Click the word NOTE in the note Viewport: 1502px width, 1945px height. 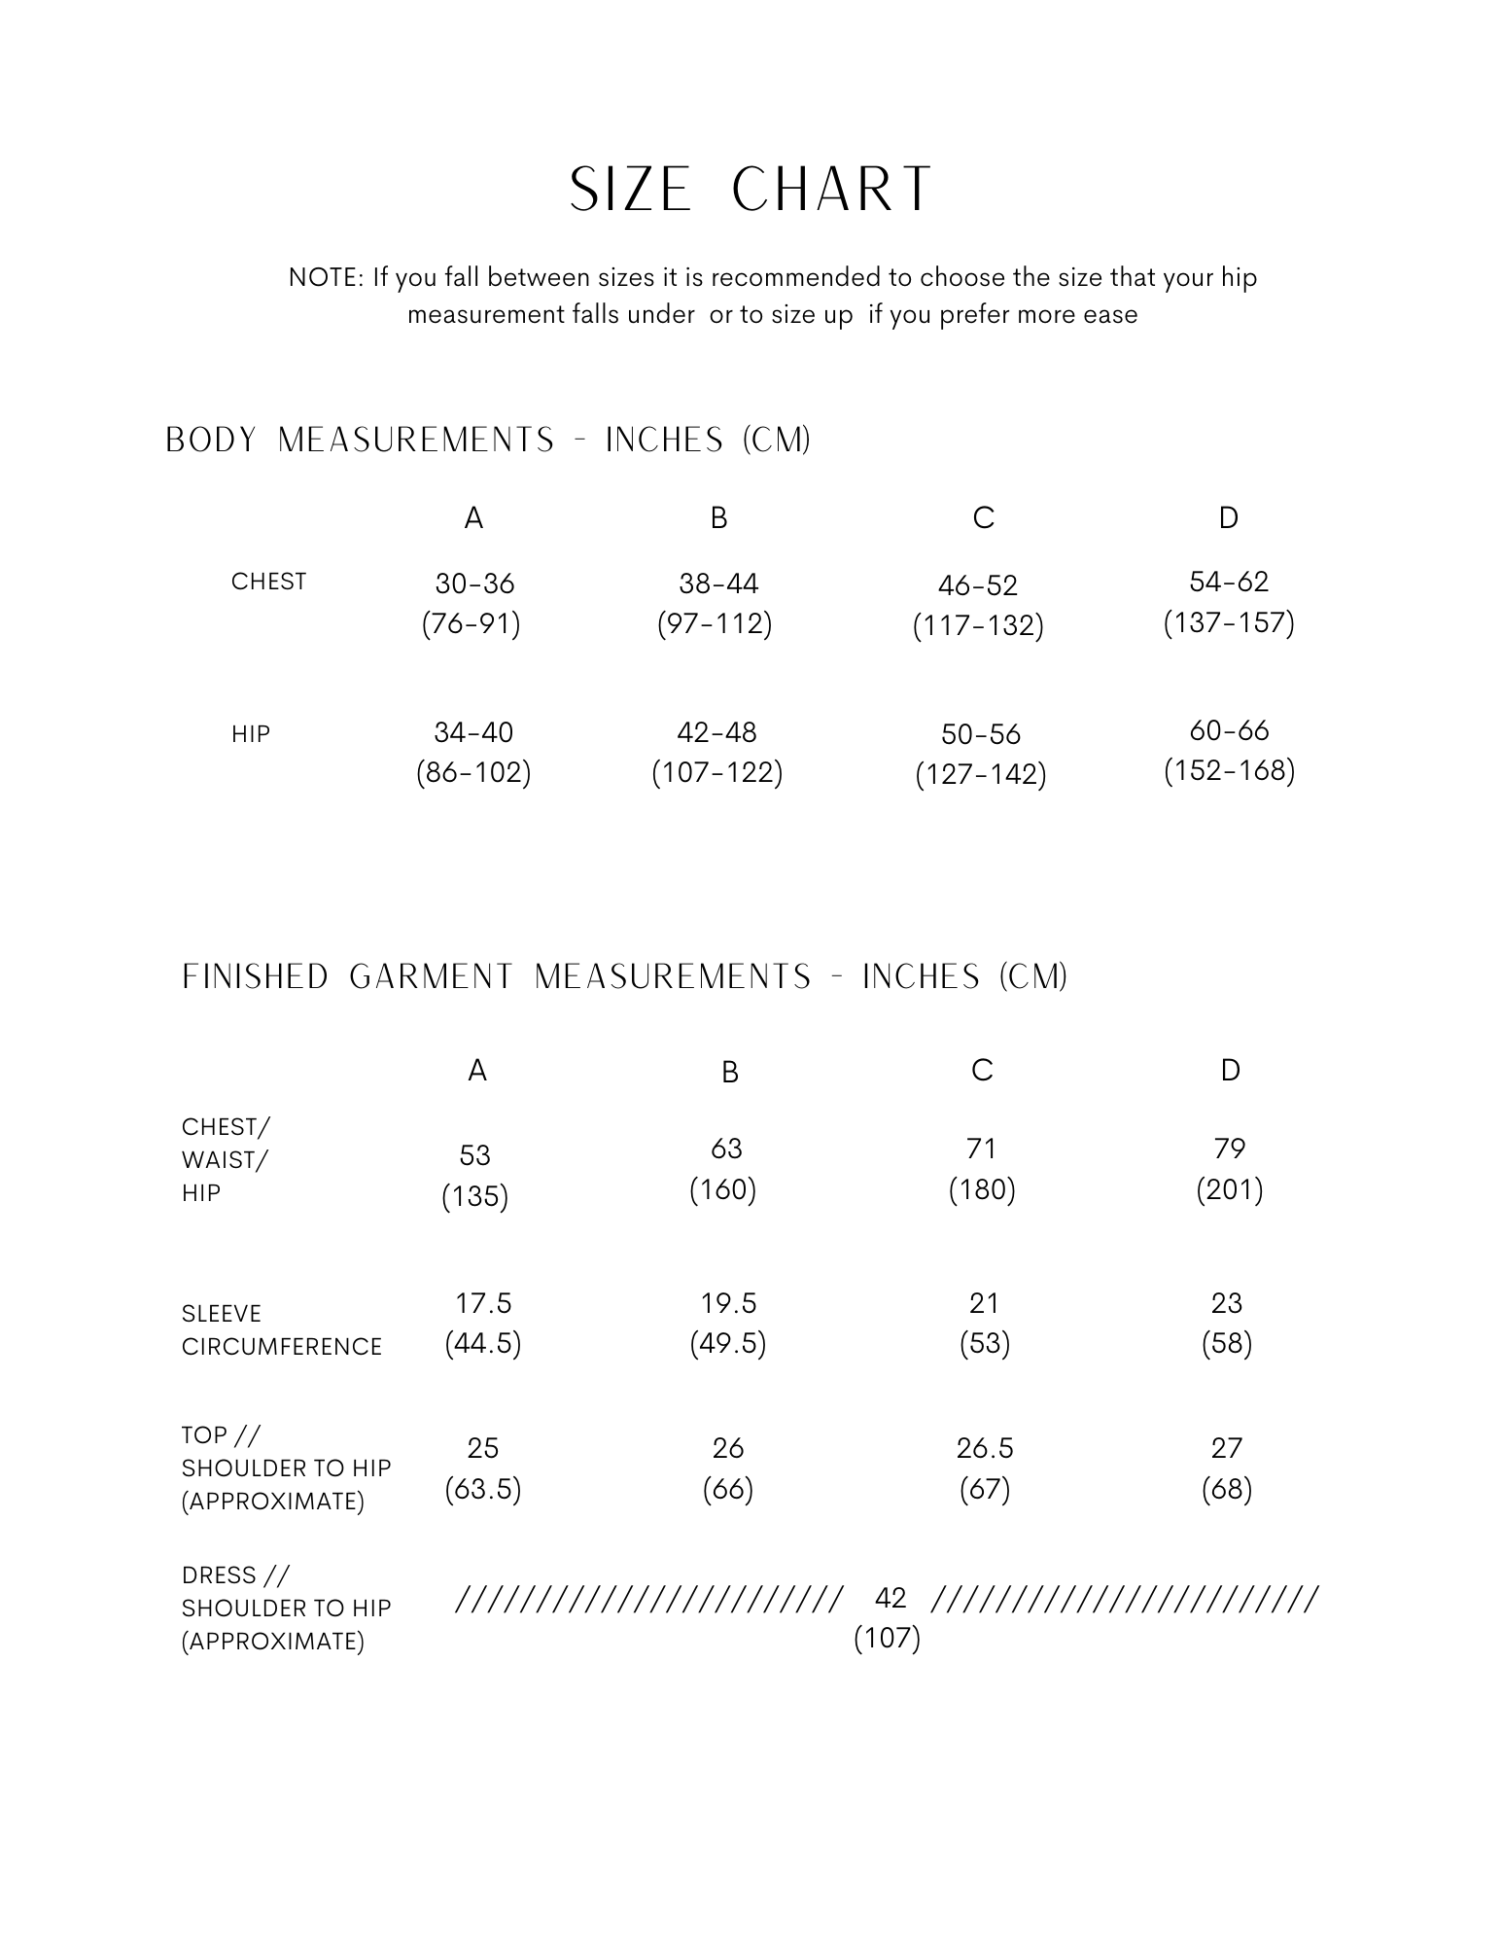point(324,278)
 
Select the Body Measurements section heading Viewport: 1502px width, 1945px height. point(488,440)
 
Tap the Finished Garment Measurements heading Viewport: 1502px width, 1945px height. point(624,976)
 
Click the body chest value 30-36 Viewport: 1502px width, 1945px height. point(474,583)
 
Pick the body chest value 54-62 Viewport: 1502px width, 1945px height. point(1229,582)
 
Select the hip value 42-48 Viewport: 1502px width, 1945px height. point(716,732)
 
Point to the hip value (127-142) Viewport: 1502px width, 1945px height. point(981,774)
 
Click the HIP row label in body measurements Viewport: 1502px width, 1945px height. point(251,734)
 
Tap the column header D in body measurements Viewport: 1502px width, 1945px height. point(1229,518)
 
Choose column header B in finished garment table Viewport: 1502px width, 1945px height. point(730,1073)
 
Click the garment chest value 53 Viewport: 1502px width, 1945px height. point(474,1155)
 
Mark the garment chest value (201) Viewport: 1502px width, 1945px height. point(1230,1189)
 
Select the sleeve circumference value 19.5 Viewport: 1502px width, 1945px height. point(728,1303)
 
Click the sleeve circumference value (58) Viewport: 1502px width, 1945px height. point(1227,1344)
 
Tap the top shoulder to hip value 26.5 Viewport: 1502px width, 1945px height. point(985,1449)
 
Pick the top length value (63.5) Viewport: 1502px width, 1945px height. point(483,1490)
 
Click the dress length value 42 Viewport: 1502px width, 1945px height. point(891,1599)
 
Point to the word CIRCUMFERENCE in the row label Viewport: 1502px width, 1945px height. point(282,1347)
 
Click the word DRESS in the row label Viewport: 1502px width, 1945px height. point(219,1575)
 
